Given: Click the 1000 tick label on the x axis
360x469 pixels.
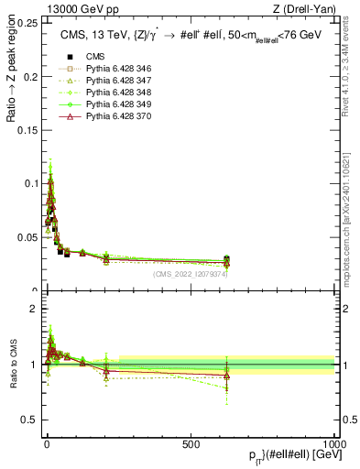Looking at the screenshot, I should tap(333, 444).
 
